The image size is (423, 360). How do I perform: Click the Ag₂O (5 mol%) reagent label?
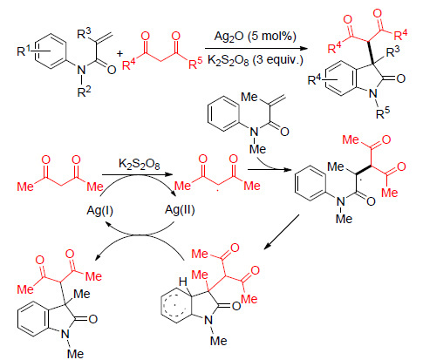click(255, 37)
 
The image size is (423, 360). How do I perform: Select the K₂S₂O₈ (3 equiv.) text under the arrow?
click(255, 60)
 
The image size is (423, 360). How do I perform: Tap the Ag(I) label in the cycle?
click(99, 210)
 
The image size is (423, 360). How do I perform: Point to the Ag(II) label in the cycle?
click(180, 209)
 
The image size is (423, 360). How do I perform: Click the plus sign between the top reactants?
click(119, 54)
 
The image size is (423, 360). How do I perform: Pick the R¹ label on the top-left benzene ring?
click(24, 51)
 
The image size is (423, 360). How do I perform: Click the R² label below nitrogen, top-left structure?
click(84, 92)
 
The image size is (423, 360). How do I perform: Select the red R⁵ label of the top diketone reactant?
click(195, 64)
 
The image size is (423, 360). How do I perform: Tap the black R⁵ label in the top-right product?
click(383, 112)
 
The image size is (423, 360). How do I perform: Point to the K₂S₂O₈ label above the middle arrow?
click(140, 164)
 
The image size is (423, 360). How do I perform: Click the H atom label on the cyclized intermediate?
click(183, 282)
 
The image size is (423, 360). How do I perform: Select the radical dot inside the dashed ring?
click(175, 305)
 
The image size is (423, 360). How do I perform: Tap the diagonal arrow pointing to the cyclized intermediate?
click(282, 232)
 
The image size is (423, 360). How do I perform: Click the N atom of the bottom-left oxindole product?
click(65, 334)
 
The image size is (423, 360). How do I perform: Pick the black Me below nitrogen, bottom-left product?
click(75, 354)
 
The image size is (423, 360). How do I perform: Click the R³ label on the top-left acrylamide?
click(85, 33)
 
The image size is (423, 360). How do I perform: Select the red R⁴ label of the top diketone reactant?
click(129, 65)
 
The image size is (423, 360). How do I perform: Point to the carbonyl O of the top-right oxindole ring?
click(400, 78)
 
